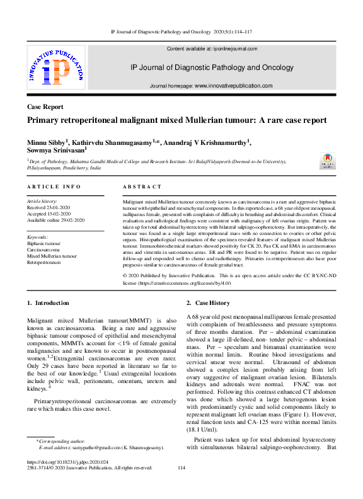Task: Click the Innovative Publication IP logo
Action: click(x=55, y=70)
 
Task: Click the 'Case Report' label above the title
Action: click(x=45, y=107)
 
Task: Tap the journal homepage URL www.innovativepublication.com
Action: click(x=233, y=86)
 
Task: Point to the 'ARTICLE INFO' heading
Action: click(x=54, y=186)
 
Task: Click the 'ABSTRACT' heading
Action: click(x=142, y=186)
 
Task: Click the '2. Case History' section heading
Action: click(x=214, y=303)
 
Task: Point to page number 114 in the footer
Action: click(x=181, y=467)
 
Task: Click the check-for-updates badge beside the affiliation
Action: click(x=328, y=161)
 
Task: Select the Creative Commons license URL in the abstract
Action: click(x=180, y=284)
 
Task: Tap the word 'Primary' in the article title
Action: click(x=45, y=120)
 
